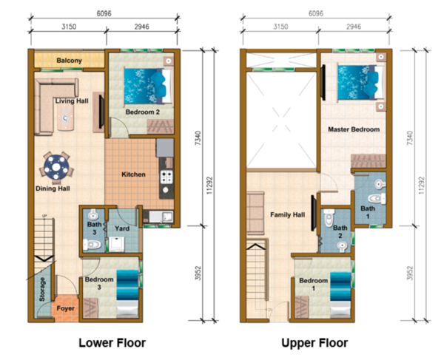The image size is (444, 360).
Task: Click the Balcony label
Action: [x=69, y=60]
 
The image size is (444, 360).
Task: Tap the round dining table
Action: [x=56, y=167]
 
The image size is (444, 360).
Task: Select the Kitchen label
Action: [x=133, y=174]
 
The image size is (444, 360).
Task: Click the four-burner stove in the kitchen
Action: [x=166, y=177]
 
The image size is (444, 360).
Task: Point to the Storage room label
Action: [x=42, y=289]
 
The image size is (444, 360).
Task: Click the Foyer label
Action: [x=65, y=308]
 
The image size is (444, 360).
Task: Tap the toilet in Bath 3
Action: [x=92, y=244]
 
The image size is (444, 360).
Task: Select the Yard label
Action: [x=122, y=228]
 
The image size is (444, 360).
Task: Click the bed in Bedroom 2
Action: [x=147, y=86]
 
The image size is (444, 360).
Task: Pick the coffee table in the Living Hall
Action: [x=65, y=118]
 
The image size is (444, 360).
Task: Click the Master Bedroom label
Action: [x=354, y=129]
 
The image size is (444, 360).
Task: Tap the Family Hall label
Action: [x=287, y=214]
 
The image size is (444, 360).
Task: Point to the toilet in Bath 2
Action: [x=329, y=218]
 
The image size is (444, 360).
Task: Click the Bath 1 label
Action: [x=368, y=212]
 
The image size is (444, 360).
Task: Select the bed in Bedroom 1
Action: [x=340, y=294]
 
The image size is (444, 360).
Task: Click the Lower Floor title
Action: [x=112, y=343]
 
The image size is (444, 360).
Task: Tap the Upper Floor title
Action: [x=314, y=343]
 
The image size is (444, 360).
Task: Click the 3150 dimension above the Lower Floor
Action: [x=69, y=27]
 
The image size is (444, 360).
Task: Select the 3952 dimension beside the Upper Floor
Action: [x=410, y=273]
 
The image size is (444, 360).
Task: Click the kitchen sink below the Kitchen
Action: [x=161, y=217]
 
